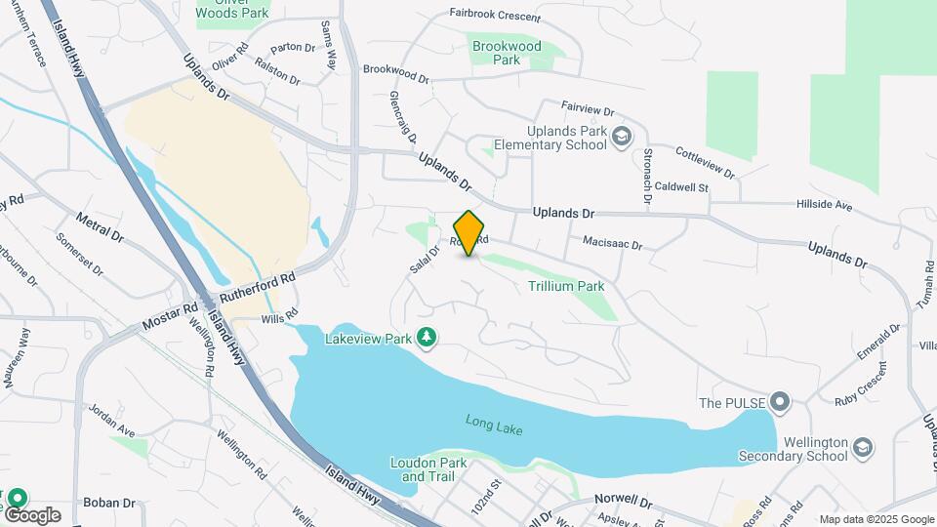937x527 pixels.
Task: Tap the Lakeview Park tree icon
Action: pos(427,338)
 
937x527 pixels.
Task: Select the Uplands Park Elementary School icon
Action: pos(621,138)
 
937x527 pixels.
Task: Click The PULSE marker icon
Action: pos(779,402)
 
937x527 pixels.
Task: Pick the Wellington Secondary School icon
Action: pos(862,447)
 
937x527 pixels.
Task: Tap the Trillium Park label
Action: pos(566,286)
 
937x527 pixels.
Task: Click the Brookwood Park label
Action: pos(506,53)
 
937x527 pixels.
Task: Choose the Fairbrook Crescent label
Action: pos(494,14)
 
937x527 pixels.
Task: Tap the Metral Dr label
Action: pos(100,228)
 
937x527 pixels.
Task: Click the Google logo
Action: pos(31,514)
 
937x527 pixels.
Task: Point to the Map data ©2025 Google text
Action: pos(876,520)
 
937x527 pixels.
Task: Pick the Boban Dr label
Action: pos(109,503)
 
